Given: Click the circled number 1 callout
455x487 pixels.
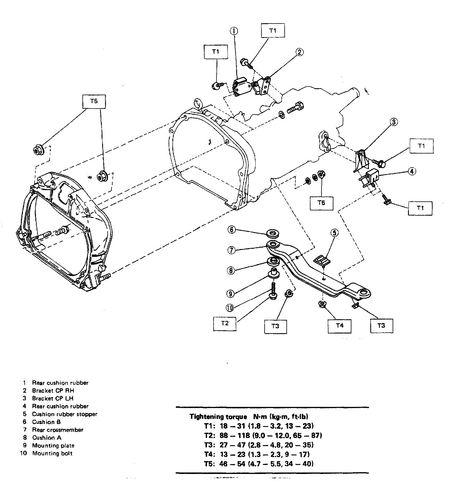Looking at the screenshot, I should pos(234,31).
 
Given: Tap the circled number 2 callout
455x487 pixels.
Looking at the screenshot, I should pos(299,52).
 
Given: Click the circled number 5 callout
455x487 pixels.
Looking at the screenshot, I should pos(334,232).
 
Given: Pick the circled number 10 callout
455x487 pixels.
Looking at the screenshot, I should pos(230,308).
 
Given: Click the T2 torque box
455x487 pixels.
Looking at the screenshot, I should pos(225,323).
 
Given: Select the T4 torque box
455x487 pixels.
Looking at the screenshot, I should pos(340,326).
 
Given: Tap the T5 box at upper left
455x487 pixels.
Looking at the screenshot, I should pos(94,101).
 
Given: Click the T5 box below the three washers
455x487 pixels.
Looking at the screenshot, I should pos(321,203).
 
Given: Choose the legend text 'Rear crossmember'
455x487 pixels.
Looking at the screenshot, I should pos(57,430).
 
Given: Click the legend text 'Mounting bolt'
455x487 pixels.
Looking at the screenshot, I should pos(52,453).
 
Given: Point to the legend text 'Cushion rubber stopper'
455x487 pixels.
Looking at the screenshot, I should pos(64,414).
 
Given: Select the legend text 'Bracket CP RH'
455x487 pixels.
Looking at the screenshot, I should pos(53,391).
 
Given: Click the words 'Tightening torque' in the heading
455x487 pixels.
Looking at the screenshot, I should pos(218,417).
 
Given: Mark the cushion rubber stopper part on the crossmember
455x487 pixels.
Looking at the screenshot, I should pos(322,259).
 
